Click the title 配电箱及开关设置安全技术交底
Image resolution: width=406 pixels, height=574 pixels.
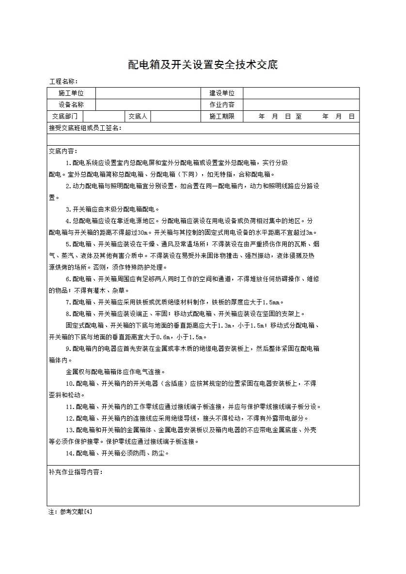203,65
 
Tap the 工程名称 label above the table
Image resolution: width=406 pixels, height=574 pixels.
63,81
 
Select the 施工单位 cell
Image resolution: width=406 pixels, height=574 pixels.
71,93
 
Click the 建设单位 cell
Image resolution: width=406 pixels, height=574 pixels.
222,93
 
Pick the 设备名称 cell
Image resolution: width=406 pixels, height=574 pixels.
71,105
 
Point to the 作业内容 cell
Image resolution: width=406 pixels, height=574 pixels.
222,105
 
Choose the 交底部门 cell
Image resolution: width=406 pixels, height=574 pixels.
65,116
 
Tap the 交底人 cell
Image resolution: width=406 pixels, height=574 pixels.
138,116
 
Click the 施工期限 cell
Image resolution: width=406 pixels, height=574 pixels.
222,116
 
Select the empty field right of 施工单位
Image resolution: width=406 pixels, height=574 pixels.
148,93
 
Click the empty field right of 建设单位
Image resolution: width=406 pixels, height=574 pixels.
301,93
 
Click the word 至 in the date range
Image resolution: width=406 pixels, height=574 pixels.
298,116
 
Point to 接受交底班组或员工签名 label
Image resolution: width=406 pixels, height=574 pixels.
85,128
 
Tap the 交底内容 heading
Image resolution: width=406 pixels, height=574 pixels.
63,151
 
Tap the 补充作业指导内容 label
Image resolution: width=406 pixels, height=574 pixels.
76,472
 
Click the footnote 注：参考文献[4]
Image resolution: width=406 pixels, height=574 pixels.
70,511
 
